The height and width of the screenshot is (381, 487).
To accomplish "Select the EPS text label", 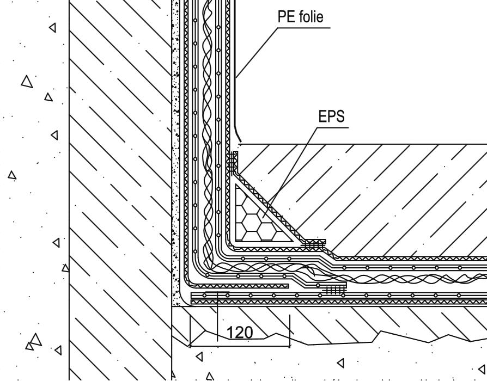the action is coord(332,116).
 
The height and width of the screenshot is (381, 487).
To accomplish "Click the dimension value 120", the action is coord(240,333).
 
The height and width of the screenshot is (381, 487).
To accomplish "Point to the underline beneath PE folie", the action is coord(303,28).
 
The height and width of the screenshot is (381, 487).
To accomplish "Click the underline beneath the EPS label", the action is coord(333,127).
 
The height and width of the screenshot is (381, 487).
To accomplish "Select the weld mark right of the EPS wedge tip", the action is coord(314,244).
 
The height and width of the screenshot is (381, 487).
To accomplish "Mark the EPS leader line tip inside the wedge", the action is coord(263,218).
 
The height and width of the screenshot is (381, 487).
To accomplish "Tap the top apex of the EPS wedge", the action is coord(236,185).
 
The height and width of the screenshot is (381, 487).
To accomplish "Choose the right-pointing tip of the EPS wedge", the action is coord(294,241).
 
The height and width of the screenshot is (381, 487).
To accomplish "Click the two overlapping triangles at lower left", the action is coord(34,342).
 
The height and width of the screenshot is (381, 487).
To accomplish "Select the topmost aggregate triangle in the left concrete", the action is coord(53,28).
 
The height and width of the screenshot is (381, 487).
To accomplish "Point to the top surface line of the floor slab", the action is coord(362,144).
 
